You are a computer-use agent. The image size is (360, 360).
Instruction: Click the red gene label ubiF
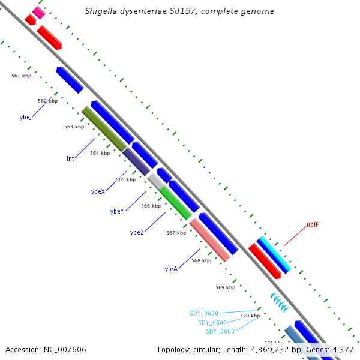tap(313, 225)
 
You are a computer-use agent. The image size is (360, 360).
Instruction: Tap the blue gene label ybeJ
tap(25, 118)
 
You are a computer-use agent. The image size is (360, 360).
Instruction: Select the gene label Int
tap(71, 159)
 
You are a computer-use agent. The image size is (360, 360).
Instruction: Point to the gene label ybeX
tap(98, 191)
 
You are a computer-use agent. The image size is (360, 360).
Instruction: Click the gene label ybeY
tap(117, 211)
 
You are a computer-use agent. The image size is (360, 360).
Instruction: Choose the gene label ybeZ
tap(137, 232)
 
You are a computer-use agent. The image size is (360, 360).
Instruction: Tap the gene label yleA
tap(171, 269)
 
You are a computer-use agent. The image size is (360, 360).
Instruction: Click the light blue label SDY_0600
tap(204, 313)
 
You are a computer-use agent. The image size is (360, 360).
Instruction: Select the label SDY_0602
tap(212, 323)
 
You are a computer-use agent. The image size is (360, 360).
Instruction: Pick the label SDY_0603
tap(220, 331)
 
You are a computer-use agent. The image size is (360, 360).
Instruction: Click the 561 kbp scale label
tap(21, 76)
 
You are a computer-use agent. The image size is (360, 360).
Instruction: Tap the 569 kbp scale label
tap(226, 287)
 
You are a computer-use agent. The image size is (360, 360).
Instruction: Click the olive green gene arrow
tap(104, 129)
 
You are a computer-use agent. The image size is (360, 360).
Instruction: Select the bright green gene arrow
tap(176, 203)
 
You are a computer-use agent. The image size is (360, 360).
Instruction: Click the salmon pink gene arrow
tap(210, 240)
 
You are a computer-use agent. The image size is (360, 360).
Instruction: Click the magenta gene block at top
tap(39, 12)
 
